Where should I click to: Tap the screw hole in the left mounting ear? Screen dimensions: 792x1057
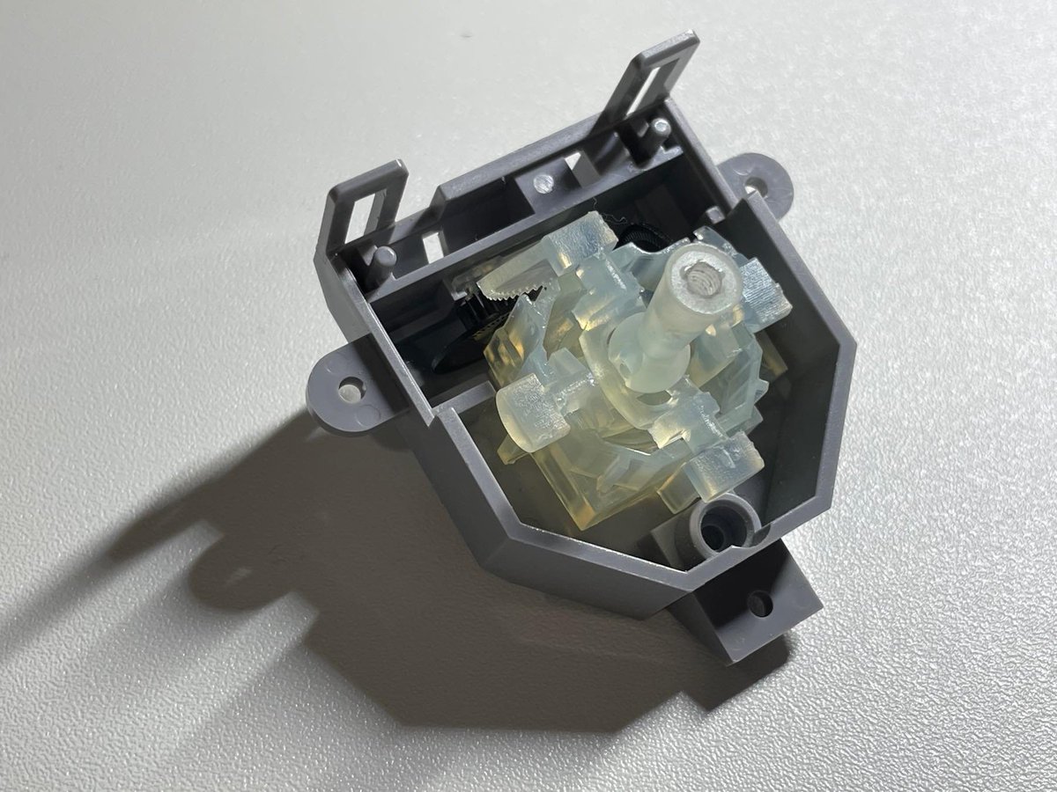point(351,387)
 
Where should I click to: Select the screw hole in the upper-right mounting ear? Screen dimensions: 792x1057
point(750,186)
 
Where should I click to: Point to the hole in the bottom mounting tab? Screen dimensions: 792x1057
point(759,603)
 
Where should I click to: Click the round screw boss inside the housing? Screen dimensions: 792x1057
point(724,525)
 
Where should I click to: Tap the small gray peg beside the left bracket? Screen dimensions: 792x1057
point(385,257)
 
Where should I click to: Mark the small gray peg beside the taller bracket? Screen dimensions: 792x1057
point(661,128)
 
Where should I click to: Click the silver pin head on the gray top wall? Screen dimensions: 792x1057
point(544,182)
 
